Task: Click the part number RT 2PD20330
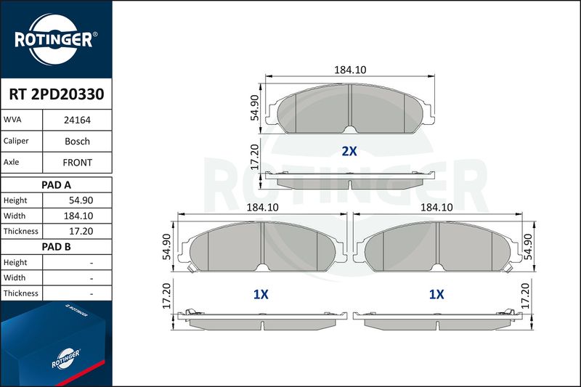[57, 94]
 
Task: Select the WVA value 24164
[77, 120]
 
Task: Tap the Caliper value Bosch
[77, 141]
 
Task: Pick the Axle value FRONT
[77, 163]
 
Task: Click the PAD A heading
[56, 185]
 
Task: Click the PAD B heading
[56, 247]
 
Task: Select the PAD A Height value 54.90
[81, 200]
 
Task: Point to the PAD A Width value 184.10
[78, 216]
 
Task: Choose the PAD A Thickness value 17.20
[81, 231]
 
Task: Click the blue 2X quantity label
[349, 151]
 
